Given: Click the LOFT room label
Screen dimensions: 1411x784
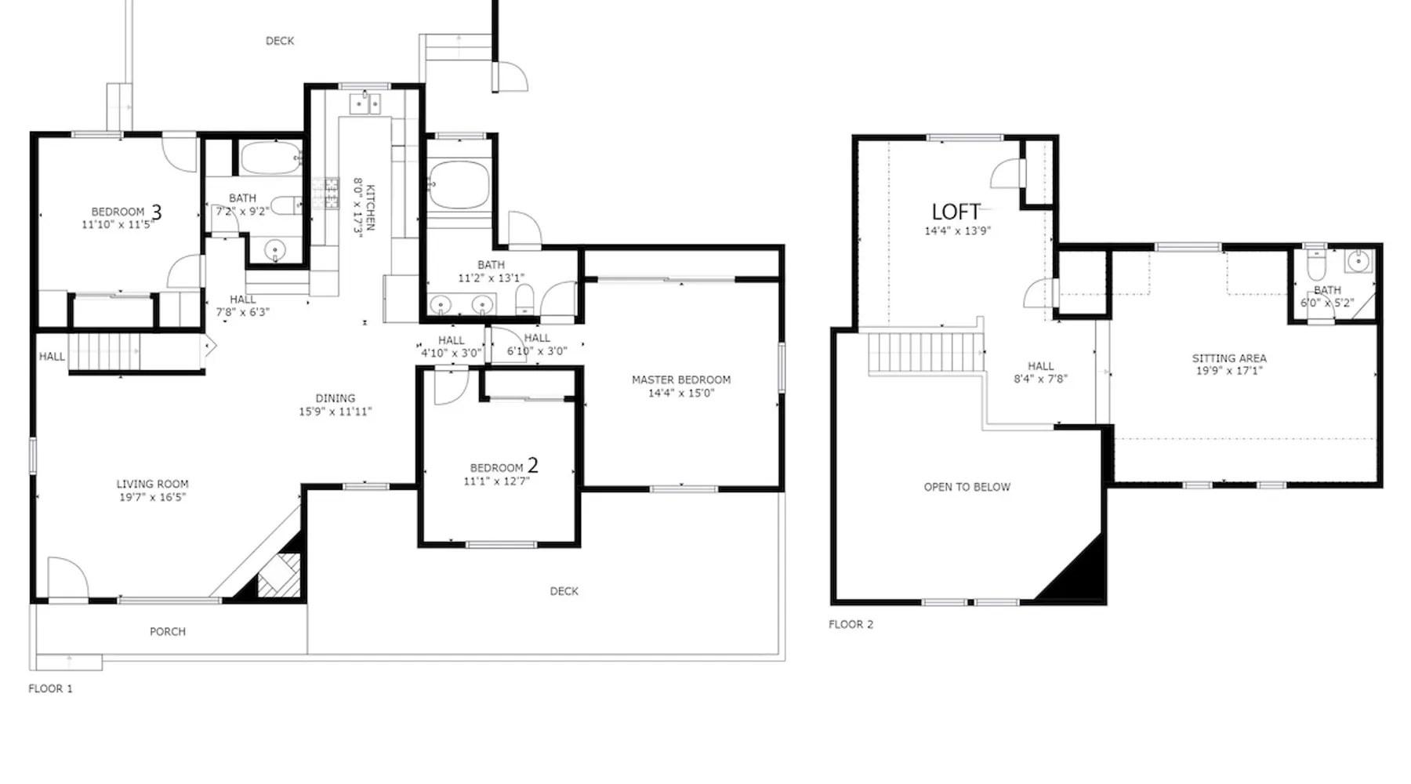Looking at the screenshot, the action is tap(956, 212).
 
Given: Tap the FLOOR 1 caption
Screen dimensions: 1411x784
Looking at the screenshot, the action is tap(50, 688).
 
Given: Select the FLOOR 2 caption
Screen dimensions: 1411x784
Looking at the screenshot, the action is tap(851, 624).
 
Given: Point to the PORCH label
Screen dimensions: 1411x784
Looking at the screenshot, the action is tap(168, 631).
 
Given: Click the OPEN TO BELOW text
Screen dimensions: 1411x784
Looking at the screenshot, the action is tap(967, 487).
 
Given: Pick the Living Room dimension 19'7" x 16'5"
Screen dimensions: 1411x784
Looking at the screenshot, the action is tap(152, 497).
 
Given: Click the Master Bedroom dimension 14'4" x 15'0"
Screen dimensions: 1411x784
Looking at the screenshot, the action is tap(681, 393).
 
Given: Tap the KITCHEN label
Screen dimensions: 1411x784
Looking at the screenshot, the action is tap(370, 208).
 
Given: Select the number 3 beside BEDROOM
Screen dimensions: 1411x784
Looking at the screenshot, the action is tap(156, 212).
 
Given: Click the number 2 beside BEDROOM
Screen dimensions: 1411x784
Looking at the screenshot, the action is tap(533, 466).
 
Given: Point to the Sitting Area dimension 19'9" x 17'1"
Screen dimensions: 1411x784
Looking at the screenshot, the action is tap(1229, 371).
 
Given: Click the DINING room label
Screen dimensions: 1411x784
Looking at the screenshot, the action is tap(336, 398).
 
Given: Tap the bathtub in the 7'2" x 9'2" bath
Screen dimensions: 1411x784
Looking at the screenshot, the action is tap(270, 158).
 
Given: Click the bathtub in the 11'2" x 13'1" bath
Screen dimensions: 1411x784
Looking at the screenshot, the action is tap(459, 185).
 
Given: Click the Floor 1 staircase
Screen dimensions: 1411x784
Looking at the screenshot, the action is tap(104, 352).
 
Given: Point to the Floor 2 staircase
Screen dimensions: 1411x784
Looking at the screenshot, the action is tap(925, 354).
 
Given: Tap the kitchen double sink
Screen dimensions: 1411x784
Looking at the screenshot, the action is tap(365, 103).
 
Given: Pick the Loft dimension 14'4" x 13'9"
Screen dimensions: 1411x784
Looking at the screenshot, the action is tap(957, 231).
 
